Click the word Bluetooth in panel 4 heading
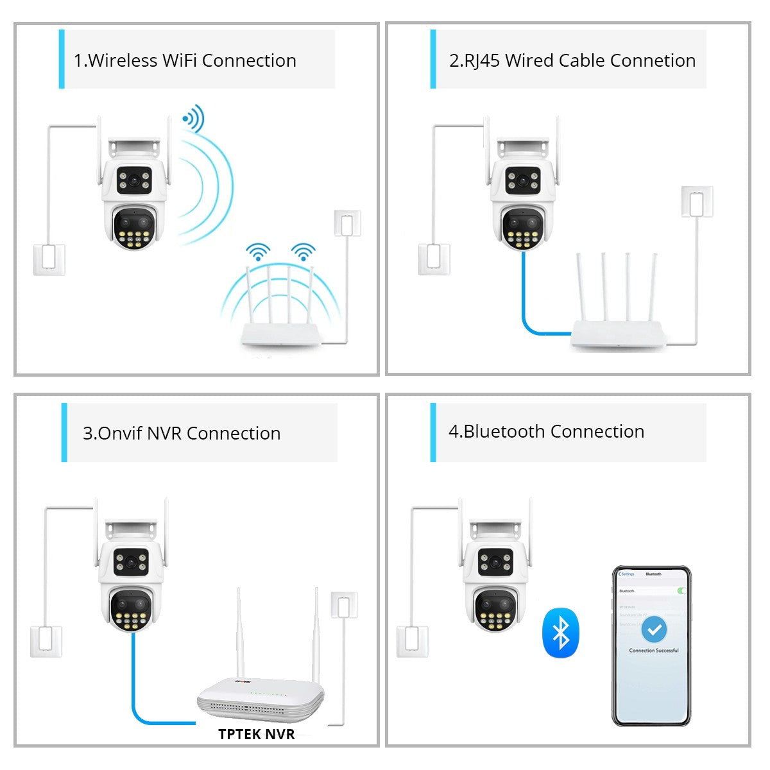click(x=504, y=431)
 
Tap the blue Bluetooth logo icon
click(x=561, y=633)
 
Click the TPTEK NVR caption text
click(x=256, y=734)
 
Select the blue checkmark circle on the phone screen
click(x=654, y=630)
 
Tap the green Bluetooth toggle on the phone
click(x=681, y=590)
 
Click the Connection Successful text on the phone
click(x=653, y=651)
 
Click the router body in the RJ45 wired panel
click(x=617, y=334)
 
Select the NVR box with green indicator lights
click(x=261, y=699)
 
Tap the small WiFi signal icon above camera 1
click(x=193, y=119)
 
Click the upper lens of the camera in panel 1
click(x=134, y=180)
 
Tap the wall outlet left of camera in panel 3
click(x=46, y=640)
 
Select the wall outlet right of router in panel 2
click(x=696, y=201)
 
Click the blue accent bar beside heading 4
click(x=433, y=432)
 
